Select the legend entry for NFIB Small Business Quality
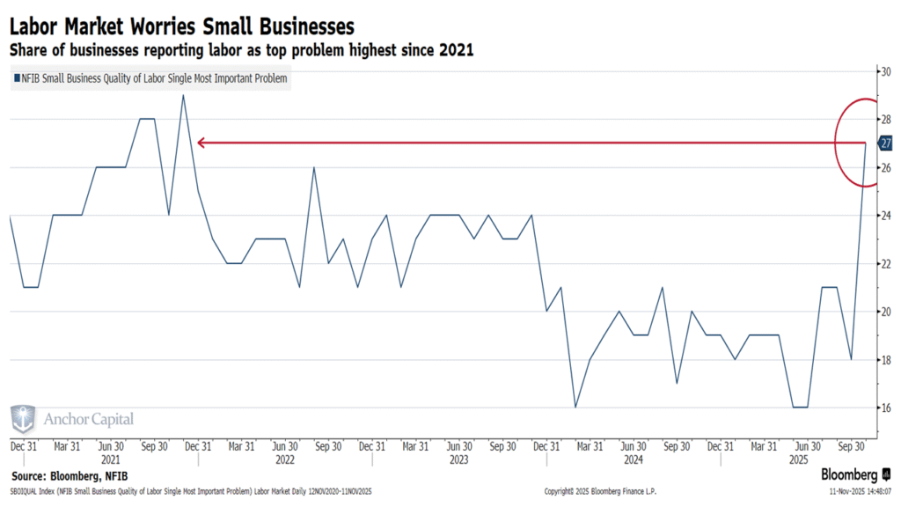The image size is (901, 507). coord(150,79)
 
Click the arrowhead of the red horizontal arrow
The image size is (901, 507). coord(200,143)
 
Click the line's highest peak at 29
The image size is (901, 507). coord(183,95)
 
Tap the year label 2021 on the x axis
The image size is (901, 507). coord(111,459)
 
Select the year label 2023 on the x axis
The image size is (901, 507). coord(458,459)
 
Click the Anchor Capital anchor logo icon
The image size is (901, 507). coord(24,420)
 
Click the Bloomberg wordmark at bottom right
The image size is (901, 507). coord(850,474)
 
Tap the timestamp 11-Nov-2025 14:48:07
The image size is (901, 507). coord(860,491)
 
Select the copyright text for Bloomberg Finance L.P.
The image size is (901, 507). coord(601,491)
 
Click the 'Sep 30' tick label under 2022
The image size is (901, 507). coord(328,446)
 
